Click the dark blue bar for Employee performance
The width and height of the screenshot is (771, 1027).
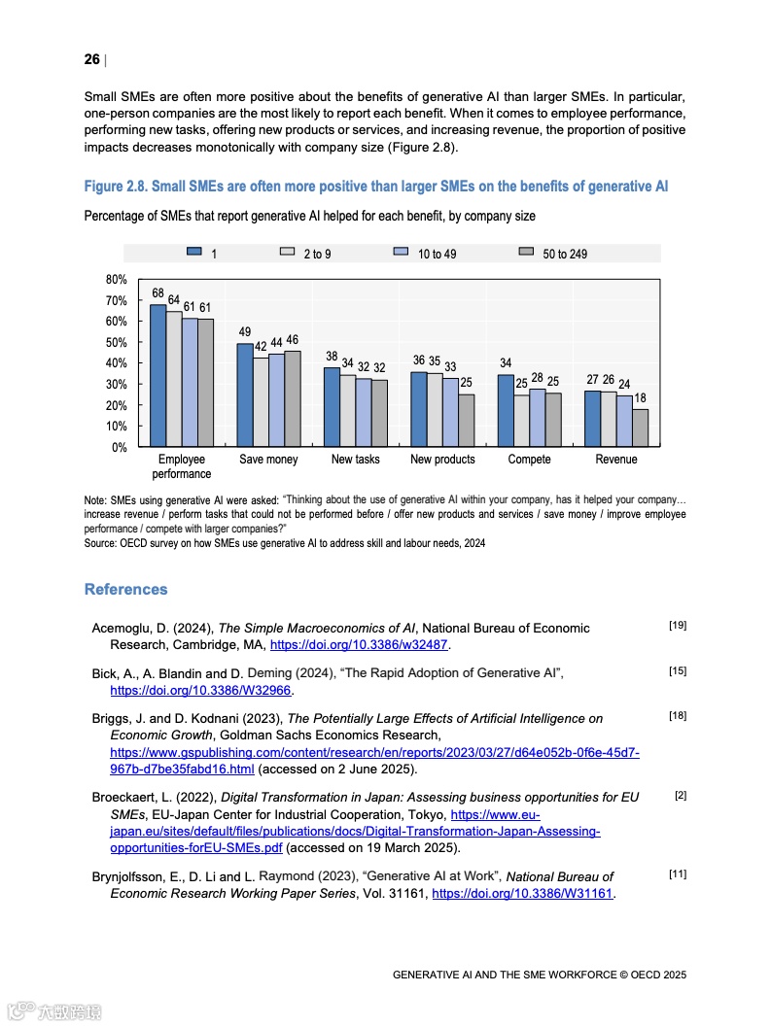[158, 376]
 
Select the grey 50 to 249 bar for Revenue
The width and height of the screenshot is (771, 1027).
[640, 428]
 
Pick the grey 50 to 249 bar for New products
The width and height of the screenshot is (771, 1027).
[467, 421]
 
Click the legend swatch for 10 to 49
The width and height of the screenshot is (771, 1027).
[400, 253]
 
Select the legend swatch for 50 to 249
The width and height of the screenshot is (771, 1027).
[526, 253]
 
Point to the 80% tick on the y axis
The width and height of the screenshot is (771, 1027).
[117, 280]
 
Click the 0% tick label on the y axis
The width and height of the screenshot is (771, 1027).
[120, 448]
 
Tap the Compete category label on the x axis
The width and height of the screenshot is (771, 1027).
[529, 460]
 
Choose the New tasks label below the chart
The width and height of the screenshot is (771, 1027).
[355, 460]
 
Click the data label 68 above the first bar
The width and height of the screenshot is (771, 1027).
[158, 293]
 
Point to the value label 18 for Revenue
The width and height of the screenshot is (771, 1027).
[640, 398]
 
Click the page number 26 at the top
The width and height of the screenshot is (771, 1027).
[91, 60]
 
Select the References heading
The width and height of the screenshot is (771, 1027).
[125, 590]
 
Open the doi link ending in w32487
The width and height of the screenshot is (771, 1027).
[360, 644]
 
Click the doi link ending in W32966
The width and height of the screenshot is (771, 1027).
[201, 691]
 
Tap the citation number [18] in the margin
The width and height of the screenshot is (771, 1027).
[678, 716]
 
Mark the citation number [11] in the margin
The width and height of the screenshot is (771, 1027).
[678, 874]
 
